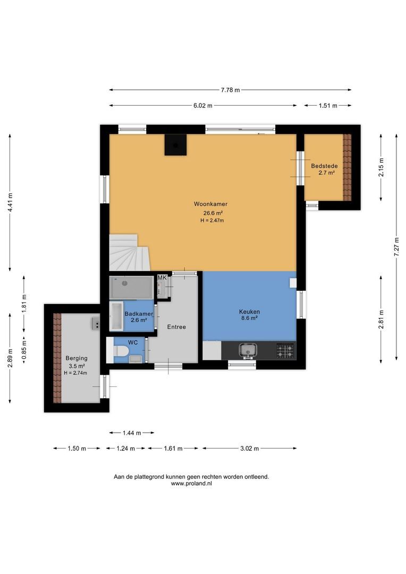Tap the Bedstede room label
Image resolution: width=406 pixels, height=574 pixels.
tap(324, 166)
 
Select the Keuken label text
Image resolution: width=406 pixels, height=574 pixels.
tap(249, 311)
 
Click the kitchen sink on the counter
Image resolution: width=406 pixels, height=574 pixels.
tap(248, 350)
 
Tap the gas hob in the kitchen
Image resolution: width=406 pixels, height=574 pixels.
tap(285, 350)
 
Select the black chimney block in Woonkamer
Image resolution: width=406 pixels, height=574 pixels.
tap(175, 145)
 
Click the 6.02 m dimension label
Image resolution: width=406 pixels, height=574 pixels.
tap(202, 106)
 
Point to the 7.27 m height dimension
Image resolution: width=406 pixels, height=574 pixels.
tap(396, 248)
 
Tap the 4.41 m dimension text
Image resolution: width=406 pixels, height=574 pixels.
tap(10, 202)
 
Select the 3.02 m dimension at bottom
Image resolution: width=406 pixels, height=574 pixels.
tap(249, 449)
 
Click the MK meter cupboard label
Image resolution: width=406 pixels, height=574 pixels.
tap(162, 278)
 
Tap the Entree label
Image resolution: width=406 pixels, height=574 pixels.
tap(176, 327)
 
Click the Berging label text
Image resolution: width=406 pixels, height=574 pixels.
tap(77, 358)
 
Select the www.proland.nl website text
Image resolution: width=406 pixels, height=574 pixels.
tap(191, 484)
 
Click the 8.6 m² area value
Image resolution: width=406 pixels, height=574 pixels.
tap(249, 319)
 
